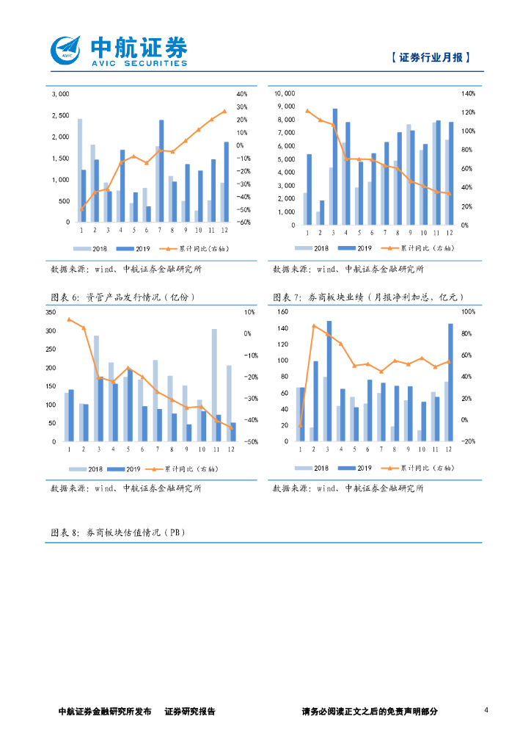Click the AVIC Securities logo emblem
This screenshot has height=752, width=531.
[x=67, y=50]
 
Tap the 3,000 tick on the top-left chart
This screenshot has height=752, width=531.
[x=59, y=94]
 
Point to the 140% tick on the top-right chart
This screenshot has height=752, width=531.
[x=468, y=94]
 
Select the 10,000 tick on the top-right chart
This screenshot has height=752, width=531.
[x=285, y=94]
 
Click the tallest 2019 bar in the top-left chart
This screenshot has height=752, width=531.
[x=161, y=170]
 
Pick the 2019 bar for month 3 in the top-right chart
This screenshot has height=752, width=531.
[x=335, y=167]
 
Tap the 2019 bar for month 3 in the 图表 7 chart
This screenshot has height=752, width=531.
[x=329, y=380]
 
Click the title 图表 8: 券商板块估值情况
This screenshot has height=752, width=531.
[x=117, y=533]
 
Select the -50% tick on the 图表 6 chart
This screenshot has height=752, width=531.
[x=249, y=442]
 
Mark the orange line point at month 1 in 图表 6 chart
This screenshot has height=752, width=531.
[x=69, y=319]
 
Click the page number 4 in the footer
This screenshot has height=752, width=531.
[x=487, y=710]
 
